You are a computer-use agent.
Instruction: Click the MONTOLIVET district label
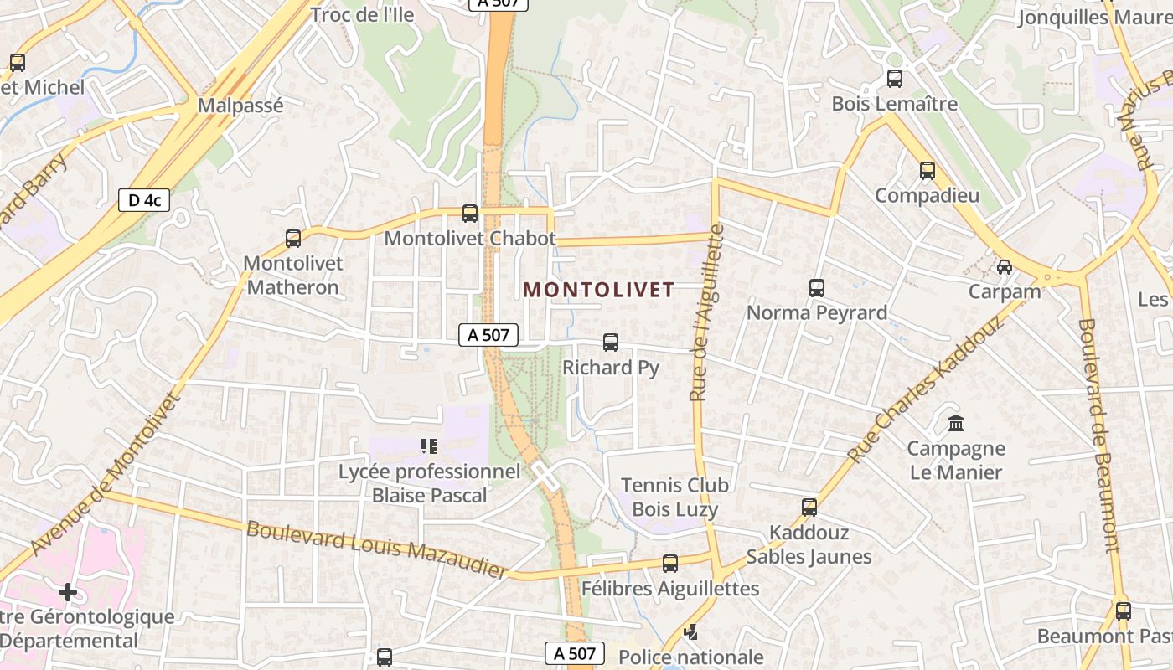(598, 290)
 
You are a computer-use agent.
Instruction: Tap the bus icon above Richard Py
(611, 342)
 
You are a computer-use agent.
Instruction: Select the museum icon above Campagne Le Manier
(956, 423)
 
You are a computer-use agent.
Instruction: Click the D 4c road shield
(144, 200)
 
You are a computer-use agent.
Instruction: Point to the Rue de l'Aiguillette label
(706, 312)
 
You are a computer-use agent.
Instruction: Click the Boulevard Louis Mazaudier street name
(377, 550)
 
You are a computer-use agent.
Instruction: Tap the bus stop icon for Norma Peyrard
(817, 287)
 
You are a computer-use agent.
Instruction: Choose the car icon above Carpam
(1004, 266)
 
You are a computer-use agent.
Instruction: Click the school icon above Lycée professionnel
(429, 446)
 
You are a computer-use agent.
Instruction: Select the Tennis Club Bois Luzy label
(674, 497)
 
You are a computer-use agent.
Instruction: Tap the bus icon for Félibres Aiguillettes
(669, 564)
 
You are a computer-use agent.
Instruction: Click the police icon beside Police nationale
(690, 632)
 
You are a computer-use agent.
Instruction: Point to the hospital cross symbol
(68, 592)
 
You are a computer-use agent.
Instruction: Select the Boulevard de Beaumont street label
(1098, 435)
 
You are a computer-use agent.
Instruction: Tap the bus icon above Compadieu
(927, 170)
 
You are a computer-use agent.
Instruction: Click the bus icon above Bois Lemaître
(894, 79)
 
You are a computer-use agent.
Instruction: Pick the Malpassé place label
(240, 106)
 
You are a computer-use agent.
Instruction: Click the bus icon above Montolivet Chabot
(470, 213)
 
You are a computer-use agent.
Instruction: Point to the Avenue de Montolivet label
(106, 473)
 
